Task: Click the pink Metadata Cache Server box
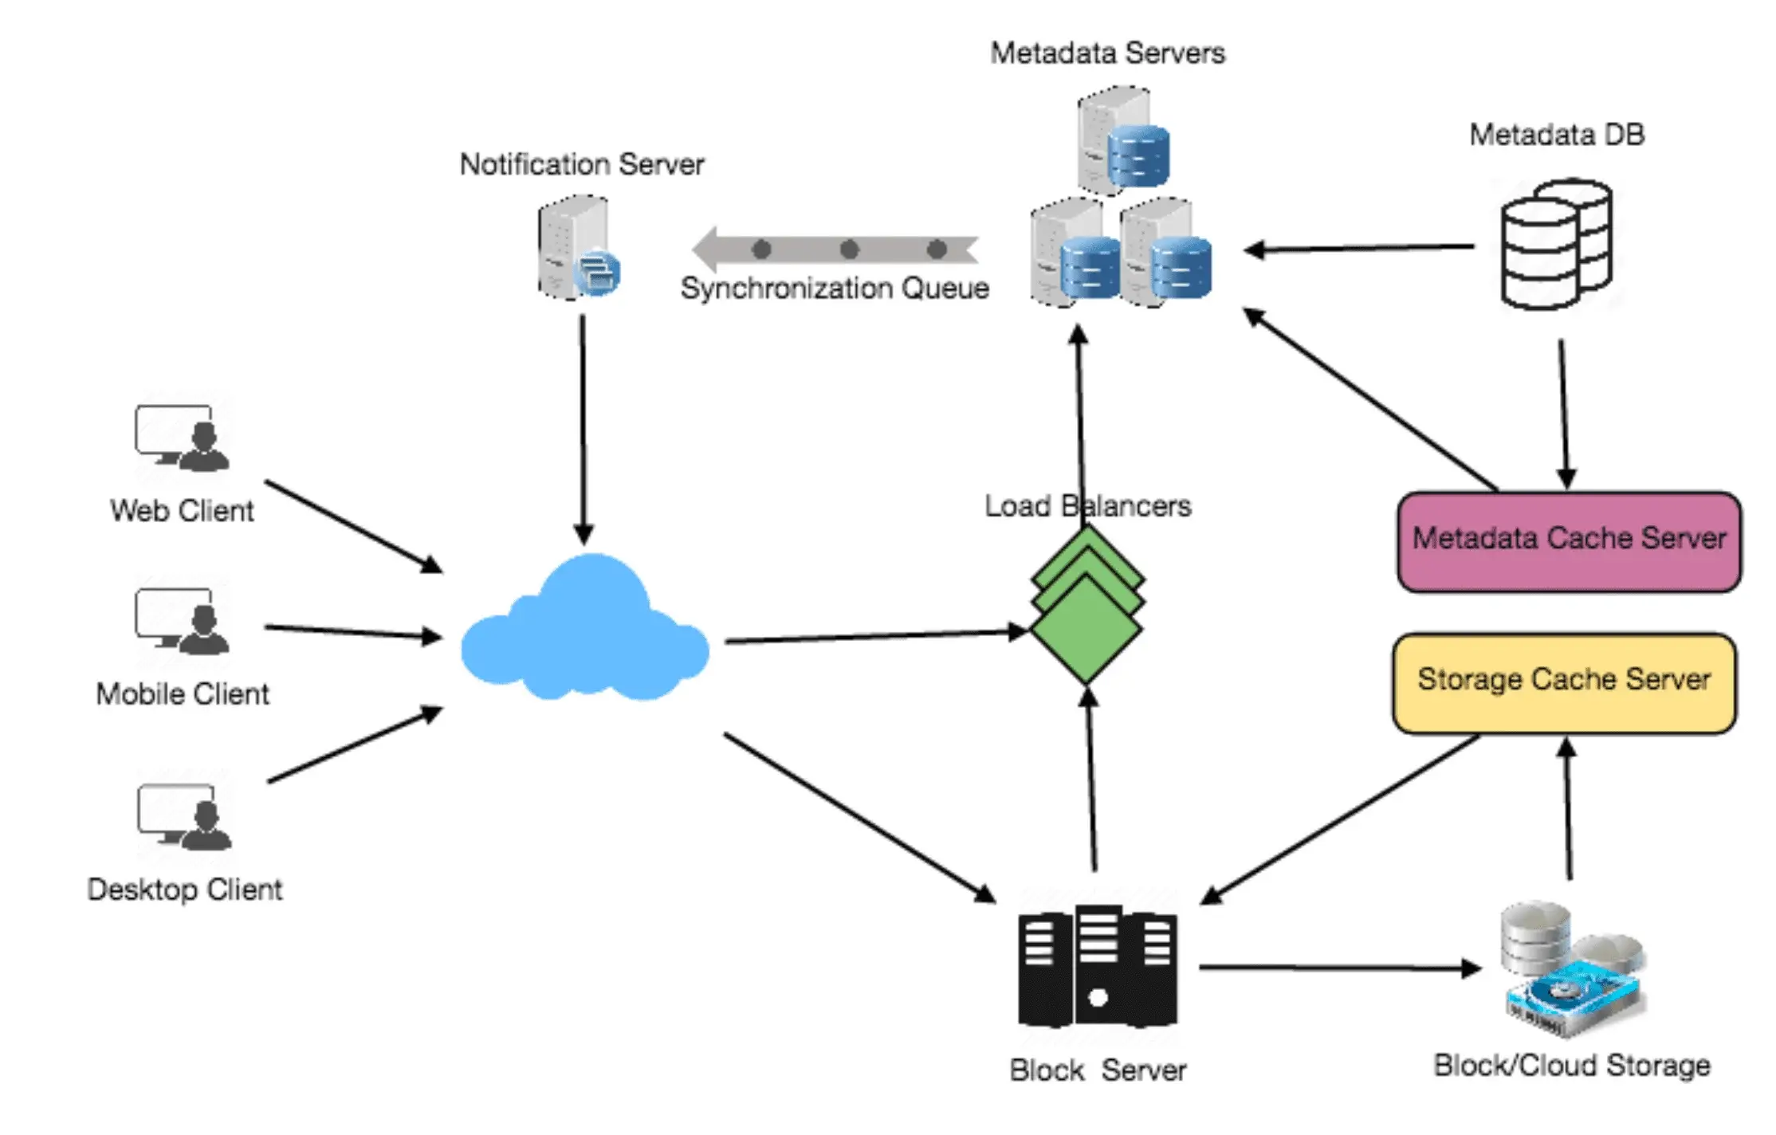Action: [1568, 541]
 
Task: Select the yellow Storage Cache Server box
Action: [1564, 682]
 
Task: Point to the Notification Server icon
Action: [577, 248]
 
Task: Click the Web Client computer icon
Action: [183, 438]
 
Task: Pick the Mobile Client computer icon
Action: [183, 622]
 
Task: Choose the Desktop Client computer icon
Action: [184, 818]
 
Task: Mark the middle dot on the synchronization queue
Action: [849, 249]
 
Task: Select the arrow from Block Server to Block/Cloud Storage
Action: [1339, 968]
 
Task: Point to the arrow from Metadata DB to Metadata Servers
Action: [1359, 249]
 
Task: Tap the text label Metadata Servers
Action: [1107, 53]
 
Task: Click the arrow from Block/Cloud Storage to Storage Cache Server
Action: [1568, 809]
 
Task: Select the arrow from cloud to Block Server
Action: [859, 818]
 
